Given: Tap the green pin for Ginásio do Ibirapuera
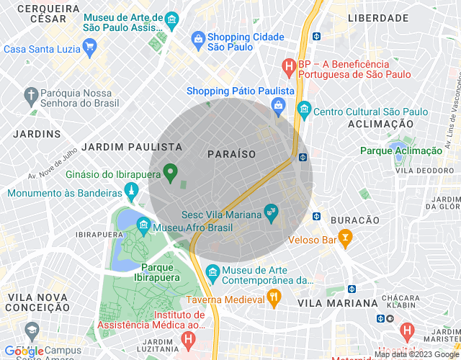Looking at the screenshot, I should click(170, 172).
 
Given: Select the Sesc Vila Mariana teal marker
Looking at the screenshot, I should click(271, 211).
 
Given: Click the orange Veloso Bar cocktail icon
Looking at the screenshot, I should click(346, 236).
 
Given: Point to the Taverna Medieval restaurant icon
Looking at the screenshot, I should click(273, 297).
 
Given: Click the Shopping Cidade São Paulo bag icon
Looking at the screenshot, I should click(197, 37).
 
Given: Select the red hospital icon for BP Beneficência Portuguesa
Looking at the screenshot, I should click(289, 67).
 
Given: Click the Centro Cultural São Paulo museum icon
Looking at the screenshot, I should click(303, 110).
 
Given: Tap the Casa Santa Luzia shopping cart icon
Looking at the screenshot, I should click(89, 48).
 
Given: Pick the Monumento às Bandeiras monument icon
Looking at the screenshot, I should click(131, 192).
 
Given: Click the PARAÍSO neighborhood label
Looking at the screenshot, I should click(231, 154).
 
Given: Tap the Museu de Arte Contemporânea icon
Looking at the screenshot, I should click(212, 271).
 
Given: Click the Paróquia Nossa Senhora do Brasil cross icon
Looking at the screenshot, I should click(30, 94).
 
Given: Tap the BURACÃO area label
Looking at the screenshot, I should click(354, 220).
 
